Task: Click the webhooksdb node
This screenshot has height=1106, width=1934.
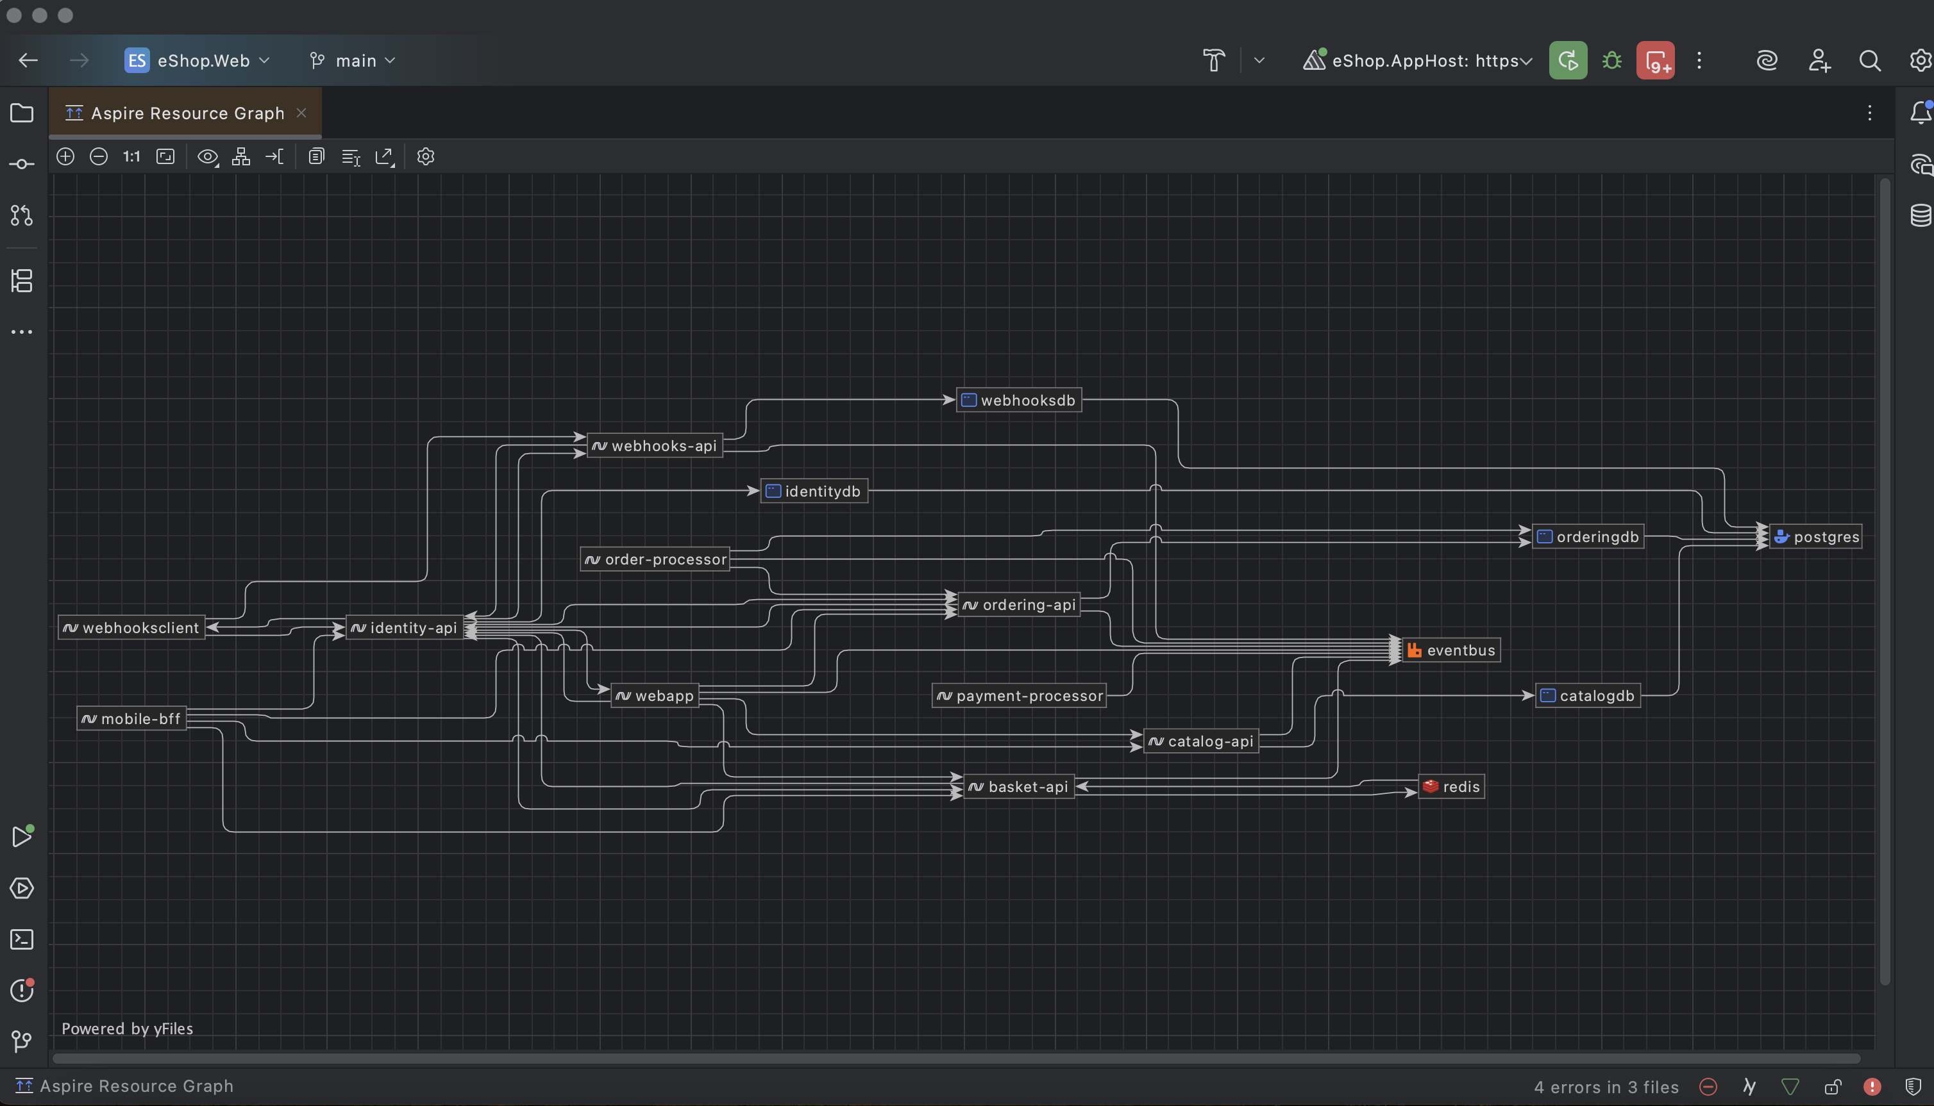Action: (x=1018, y=400)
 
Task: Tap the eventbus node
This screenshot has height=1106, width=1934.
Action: (x=1450, y=650)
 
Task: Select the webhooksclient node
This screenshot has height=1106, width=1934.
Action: (x=131, y=627)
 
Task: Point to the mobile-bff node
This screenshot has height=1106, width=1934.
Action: (x=131, y=718)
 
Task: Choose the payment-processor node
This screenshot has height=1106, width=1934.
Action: (x=1019, y=696)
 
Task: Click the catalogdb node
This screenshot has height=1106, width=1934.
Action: (x=1588, y=696)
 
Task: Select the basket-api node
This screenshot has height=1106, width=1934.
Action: (x=1018, y=787)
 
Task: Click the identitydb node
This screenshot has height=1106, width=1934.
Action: (x=814, y=491)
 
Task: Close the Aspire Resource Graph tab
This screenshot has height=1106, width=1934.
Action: (x=301, y=113)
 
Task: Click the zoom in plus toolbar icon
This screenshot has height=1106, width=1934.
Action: (x=65, y=156)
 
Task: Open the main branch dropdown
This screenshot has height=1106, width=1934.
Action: (x=353, y=61)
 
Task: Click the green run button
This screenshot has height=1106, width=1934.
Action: (x=1568, y=61)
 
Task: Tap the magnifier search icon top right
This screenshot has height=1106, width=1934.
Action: (x=1869, y=61)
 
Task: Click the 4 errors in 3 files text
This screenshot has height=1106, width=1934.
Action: (x=1606, y=1087)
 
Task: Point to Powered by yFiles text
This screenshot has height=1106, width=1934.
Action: (x=127, y=1028)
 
